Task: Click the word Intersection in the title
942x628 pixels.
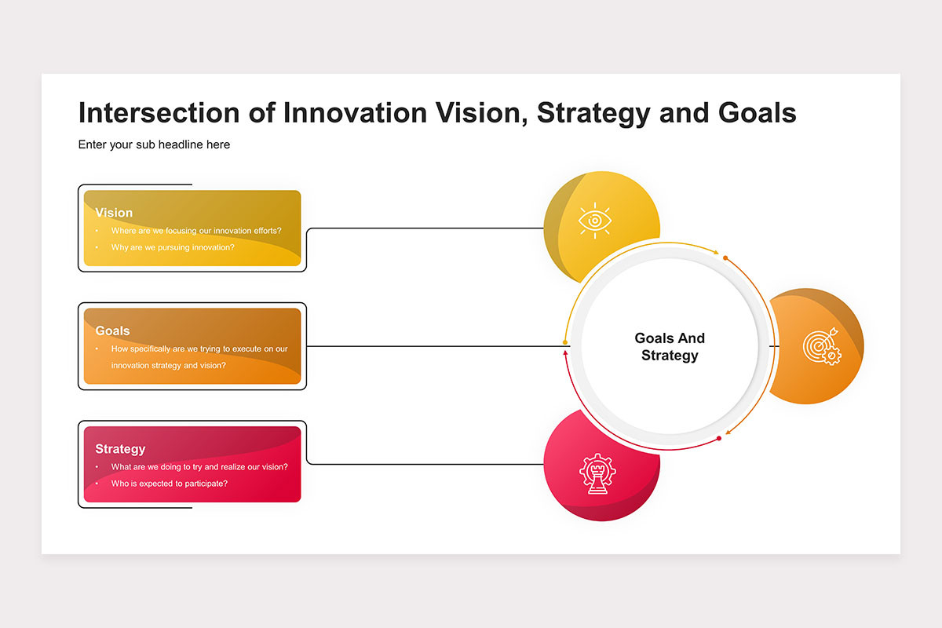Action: (x=159, y=113)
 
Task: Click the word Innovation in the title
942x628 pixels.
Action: (x=355, y=113)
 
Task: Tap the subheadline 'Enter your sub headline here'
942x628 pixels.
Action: (x=154, y=144)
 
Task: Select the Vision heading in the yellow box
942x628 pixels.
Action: (x=114, y=213)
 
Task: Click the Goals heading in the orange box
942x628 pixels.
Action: (x=113, y=330)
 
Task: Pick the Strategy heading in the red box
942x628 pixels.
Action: (x=120, y=449)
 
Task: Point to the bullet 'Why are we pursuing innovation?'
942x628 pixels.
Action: (x=173, y=247)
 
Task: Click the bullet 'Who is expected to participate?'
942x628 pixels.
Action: (x=169, y=484)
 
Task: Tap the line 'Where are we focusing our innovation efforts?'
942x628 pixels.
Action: (x=196, y=231)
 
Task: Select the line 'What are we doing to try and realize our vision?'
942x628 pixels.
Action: (x=199, y=466)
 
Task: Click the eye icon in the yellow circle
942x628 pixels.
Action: (x=595, y=221)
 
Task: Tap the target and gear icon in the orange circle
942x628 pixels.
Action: (x=822, y=346)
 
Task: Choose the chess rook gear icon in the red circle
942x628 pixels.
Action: (x=597, y=473)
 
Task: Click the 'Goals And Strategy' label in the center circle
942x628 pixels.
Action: (x=670, y=347)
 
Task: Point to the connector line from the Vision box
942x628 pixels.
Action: (x=425, y=228)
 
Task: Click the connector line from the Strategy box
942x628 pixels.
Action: (x=425, y=464)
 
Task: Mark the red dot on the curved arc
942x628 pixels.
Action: (x=719, y=438)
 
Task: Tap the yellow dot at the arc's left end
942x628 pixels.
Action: (x=565, y=342)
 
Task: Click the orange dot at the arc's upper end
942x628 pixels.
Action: (x=725, y=257)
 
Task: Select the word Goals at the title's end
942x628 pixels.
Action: (x=757, y=113)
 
